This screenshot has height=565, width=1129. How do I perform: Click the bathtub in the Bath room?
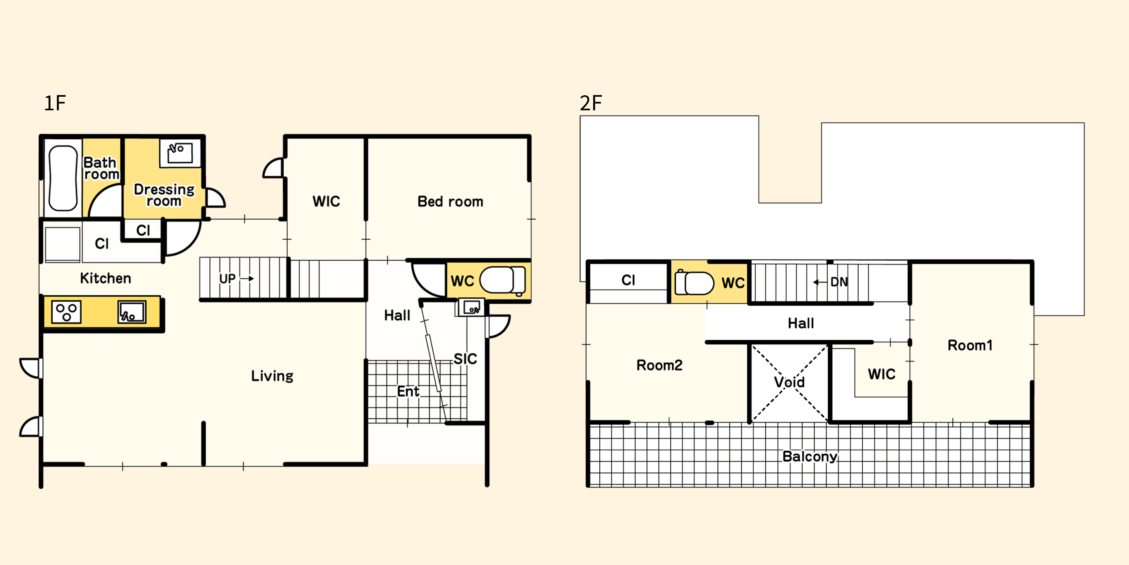[x=63, y=178]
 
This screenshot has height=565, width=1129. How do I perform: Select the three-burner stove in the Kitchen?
[x=66, y=312]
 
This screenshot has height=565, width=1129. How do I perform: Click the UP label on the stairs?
[x=228, y=279]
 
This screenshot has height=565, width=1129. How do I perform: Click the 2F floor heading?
[x=591, y=103]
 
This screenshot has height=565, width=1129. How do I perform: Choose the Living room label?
[x=272, y=376]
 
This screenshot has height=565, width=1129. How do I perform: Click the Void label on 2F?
[x=789, y=382]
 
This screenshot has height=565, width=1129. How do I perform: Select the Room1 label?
[x=970, y=345]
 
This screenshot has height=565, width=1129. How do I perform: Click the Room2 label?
[x=659, y=365]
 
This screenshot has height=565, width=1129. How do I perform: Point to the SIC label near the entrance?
[x=465, y=359]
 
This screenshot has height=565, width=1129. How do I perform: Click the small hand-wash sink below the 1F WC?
[x=472, y=307]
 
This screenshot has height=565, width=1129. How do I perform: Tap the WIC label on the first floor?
[x=326, y=201]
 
